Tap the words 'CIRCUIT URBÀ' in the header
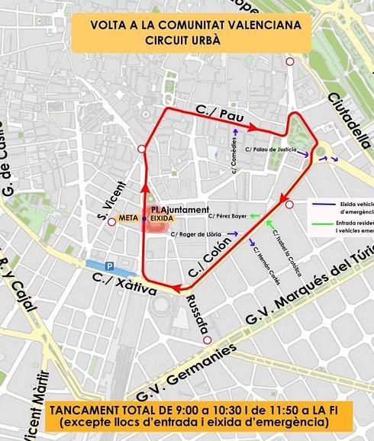click(x=185, y=40)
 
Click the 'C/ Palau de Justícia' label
click(x=274, y=150)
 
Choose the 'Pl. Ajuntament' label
click(x=179, y=209)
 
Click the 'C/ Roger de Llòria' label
click(x=202, y=234)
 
